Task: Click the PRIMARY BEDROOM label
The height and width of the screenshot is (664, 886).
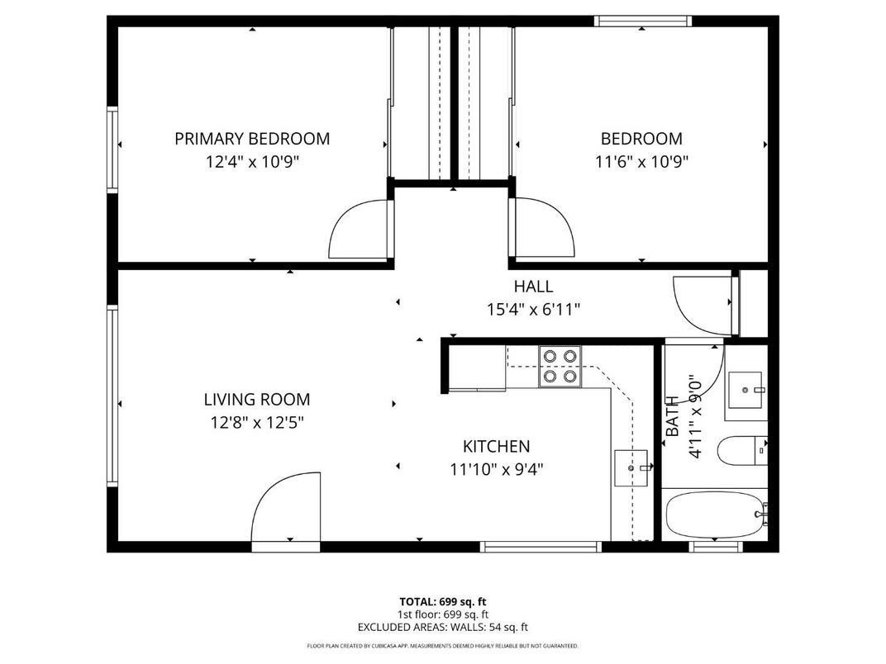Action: [x=251, y=139]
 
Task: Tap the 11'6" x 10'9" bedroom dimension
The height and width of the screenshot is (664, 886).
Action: [x=641, y=162]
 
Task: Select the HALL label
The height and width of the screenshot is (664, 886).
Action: [x=533, y=287]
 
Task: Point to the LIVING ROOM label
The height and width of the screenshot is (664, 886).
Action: [x=256, y=400]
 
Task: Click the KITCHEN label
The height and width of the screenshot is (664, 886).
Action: [x=495, y=447]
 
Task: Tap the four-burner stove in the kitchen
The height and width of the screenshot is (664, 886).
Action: [x=560, y=366]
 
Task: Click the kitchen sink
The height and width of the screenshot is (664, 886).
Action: [x=632, y=468]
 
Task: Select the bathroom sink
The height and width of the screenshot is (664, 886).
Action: [x=746, y=389]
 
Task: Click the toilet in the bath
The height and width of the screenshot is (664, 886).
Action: [x=741, y=452]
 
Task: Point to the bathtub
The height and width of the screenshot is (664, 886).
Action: [x=715, y=515]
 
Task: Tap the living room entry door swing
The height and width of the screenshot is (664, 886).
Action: [x=285, y=509]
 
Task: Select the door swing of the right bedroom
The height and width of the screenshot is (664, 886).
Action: [x=542, y=227]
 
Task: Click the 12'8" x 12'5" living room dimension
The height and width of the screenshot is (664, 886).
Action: [x=256, y=423]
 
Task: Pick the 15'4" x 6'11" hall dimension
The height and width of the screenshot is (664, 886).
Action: [x=533, y=310]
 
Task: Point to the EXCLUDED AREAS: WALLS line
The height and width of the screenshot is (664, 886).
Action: [x=442, y=628]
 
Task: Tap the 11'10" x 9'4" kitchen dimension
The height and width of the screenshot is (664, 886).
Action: [x=495, y=470]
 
